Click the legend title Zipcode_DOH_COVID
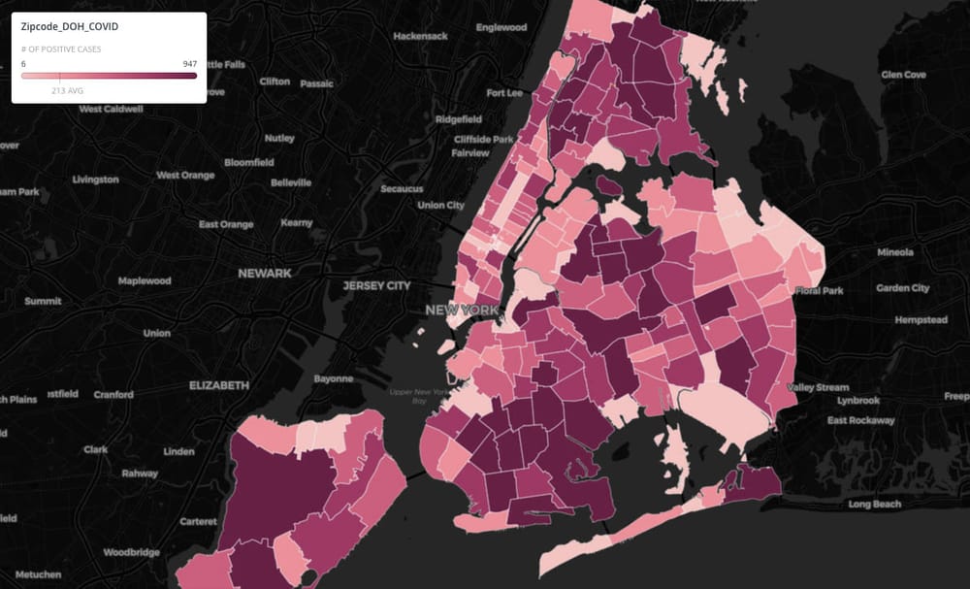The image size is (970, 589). click(70, 27)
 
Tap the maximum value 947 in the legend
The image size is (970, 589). click(189, 63)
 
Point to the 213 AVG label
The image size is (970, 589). click(67, 89)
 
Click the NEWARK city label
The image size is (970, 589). click(265, 274)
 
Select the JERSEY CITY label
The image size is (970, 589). click(376, 286)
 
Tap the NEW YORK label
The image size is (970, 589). click(462, 310)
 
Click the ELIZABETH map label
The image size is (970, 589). click(219, 385)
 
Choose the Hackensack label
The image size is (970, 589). click(420, 36)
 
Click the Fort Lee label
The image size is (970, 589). click(503, 93)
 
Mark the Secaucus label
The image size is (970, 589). click(403, 188)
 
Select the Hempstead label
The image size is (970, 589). click(921, 319)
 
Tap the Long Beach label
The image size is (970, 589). click(874, 504)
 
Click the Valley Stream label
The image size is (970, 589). click(818, 387)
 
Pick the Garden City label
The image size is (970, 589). click(902, 288)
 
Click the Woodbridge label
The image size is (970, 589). click(131, 552)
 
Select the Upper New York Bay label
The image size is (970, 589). click(419, 396)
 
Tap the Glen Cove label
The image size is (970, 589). click(903, 75)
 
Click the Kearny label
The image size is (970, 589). click(296, 222)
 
